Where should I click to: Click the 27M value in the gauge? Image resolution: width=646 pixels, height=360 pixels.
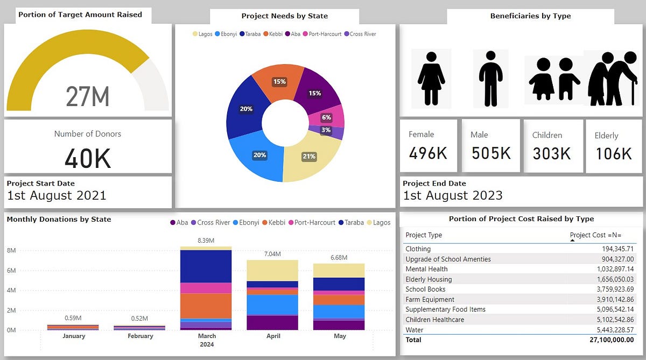tap(88, 97)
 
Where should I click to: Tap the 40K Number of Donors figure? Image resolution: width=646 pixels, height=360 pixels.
tap(88, 158)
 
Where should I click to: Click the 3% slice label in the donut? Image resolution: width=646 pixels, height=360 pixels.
tap(326, 130)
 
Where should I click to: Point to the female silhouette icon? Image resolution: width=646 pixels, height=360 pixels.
tap(431, 78)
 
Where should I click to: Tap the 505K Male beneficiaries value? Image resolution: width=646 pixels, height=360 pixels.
tap(491, 153)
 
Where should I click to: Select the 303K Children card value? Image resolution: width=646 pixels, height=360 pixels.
tap(552, 154)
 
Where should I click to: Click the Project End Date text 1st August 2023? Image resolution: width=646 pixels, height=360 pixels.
tap(453, 195)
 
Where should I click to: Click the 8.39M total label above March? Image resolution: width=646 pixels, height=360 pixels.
tap(207, 241)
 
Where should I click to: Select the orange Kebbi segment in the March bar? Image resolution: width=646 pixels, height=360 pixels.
tap(207, 306)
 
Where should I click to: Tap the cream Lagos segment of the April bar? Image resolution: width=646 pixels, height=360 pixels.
tap(272, 270)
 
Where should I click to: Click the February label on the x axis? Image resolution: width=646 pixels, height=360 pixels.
tap(140, 336)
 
